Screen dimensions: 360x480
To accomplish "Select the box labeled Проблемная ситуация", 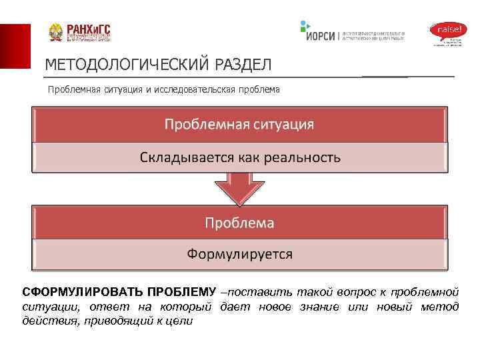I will [x=239, y=125].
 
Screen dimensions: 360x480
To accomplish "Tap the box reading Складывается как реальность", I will [x=239, y=158].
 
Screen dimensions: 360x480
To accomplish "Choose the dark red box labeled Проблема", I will [x=239, y=222].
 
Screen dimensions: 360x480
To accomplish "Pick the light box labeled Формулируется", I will [x=239, y=254].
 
